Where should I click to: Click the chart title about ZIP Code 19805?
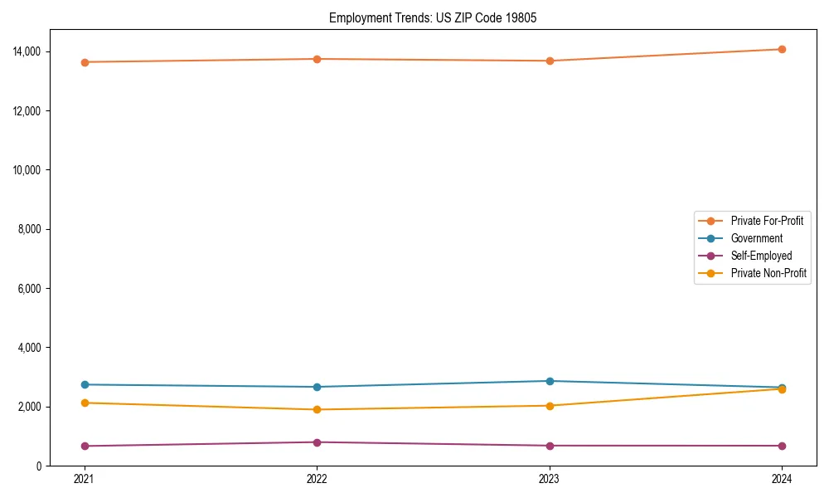(433, 17)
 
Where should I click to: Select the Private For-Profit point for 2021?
(84, 62)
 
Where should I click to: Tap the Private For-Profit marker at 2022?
(317, 59)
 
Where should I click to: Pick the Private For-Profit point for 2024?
(782, 49)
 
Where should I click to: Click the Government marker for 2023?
(550, 381)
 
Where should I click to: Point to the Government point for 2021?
(84, 384)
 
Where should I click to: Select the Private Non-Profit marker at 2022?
(317, 409)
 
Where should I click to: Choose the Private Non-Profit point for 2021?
(84, 403)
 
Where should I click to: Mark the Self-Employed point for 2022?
(317, 442)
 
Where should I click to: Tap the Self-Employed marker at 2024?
(782, 446)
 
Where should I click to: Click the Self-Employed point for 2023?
(550, 446)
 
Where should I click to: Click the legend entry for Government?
(756, 238)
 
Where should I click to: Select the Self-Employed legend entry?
(761, 256)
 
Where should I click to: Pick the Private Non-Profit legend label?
(768, 273)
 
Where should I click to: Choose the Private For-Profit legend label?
(767, 221)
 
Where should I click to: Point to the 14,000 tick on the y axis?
(28, 51)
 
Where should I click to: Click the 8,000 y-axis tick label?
(31, 229)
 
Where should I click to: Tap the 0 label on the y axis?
(39, 466)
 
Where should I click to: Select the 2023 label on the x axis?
(550, 479)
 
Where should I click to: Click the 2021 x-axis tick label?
(84, 479)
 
